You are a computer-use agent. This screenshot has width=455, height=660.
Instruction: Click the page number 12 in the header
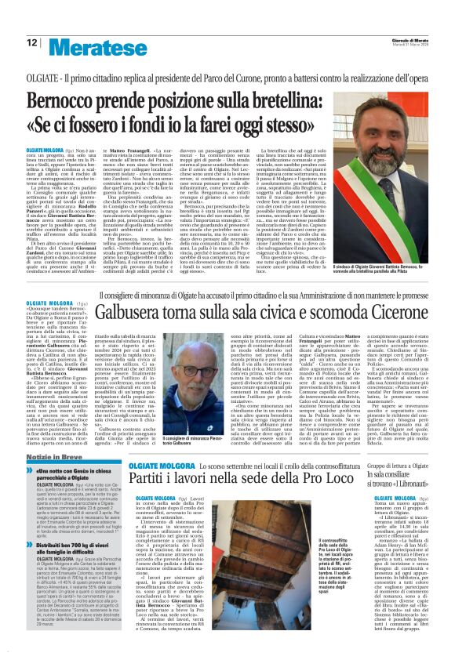click(x=31, y=42)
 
